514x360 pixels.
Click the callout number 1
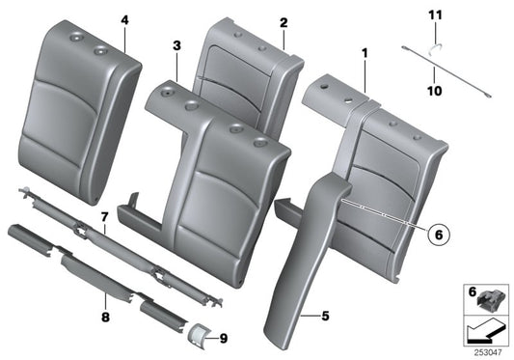(x=364, y=57)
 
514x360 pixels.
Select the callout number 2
(x=283, y=22)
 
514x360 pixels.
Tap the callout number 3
(x=176, y=45)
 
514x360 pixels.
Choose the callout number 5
(x=324, y=314)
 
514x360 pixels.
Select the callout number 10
(x=434, y=91)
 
